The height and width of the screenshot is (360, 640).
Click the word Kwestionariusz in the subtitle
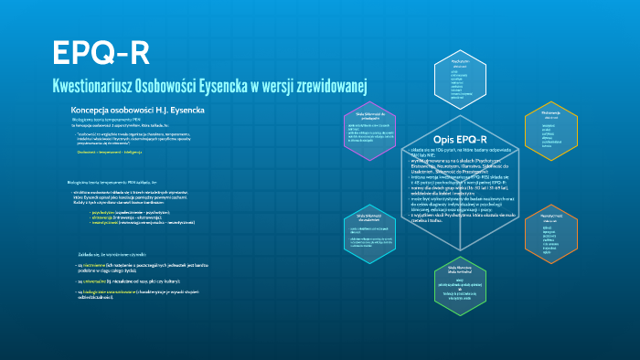100,86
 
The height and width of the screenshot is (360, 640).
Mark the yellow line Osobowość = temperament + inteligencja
111,152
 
